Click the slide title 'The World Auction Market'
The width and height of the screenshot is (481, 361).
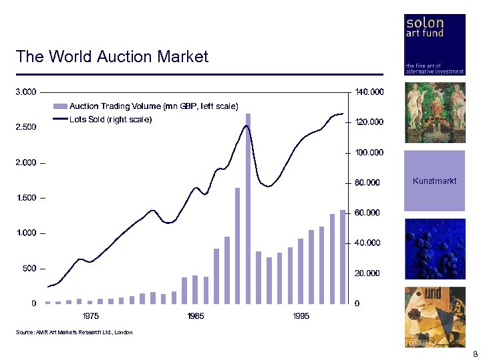pos(112,57)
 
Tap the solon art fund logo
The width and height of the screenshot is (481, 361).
pos(435,44)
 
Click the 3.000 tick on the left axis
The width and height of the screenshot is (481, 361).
pos(26,92)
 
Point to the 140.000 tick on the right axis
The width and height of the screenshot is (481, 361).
pos(369,92)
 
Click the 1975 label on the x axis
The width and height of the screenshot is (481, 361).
pos(90,316)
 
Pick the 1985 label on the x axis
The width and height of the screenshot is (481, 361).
pos(196,316)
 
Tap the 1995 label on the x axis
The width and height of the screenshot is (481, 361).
pos(301,316)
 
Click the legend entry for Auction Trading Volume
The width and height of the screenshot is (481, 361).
pos(153,106)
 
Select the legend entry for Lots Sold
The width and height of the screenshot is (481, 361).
pos(110,120)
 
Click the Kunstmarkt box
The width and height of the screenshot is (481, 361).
pos(434,181)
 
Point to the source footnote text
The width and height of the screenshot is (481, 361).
pos(74,332)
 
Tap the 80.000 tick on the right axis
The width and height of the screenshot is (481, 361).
pos(367,183)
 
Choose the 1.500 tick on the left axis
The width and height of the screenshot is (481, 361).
pos(26,198)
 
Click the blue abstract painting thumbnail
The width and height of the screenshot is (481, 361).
pos(434,249)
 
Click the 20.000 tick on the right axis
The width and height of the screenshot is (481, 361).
pos(367,273)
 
